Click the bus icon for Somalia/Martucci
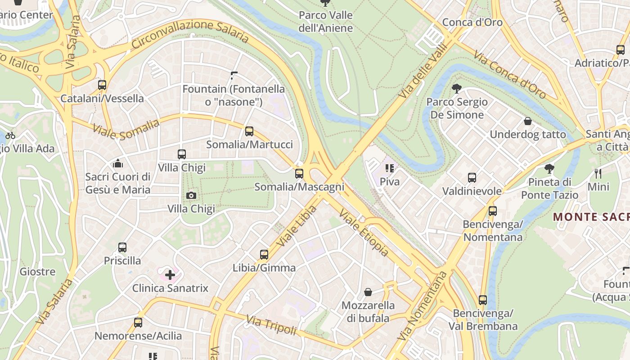coord(249,131)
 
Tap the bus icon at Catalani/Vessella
coord(102,85)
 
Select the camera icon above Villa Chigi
coord(191,195)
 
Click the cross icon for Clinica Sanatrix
coord(170,274)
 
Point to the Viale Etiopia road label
coord(363,233)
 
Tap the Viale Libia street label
coord(297,226)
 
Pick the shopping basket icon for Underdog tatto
coord(528,121)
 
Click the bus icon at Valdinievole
coord(472,178)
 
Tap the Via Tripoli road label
coord(271,325)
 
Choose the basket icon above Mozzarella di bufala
coord(368,292)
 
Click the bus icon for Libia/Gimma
coord(264,255)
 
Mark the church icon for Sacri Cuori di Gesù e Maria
coord(118,163)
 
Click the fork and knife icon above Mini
coord(598,173)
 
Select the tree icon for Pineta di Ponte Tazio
coord(549,169)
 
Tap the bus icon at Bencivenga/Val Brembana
coord(483,300)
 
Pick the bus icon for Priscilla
coord(122,247)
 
